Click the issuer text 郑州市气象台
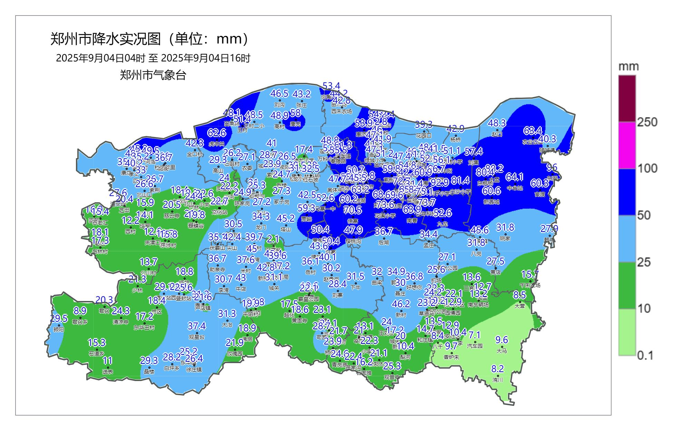pos(153,75)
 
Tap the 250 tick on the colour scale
pos(647,122)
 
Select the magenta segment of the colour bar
pos(627,145)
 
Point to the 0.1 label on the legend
pos(645,355)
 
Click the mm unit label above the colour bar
pos(628,66)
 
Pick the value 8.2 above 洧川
pos(498,368)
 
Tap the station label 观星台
pos(196,337)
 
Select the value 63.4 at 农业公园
pos(533,131)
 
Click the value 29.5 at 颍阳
pos(59,319)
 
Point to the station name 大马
pos(502,351)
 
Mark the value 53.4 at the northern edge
pos(331,86)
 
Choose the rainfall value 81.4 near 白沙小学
pos(460,180)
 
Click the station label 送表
pos(108,372)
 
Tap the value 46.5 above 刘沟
pos(279,94)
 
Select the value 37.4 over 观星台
pos(196,326)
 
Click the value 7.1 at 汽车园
pos(475,335)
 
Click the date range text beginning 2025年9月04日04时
pos(153,58)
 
